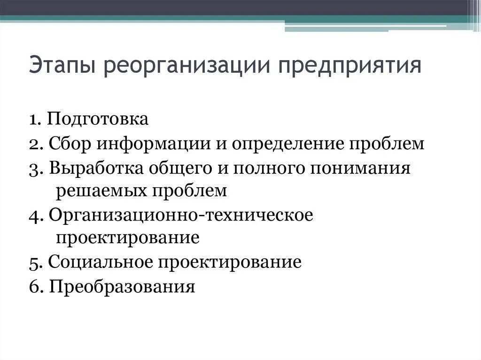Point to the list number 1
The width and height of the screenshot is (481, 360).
pos(33,119)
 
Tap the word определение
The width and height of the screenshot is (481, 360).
pos(287,143)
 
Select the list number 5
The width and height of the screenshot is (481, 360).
pos(33,262)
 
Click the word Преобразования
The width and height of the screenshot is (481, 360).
pos(121,286)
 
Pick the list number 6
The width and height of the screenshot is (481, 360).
pos(34,286)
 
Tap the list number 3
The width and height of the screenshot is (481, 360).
pos(33,168)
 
